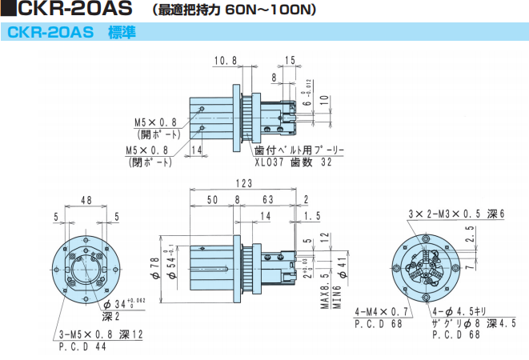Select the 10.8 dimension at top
(226, 61)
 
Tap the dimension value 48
(86, 201)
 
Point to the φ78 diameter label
(155, 266)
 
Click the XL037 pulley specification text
(295, 160)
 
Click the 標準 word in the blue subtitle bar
(122, 33)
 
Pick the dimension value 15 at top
(290, 61)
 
